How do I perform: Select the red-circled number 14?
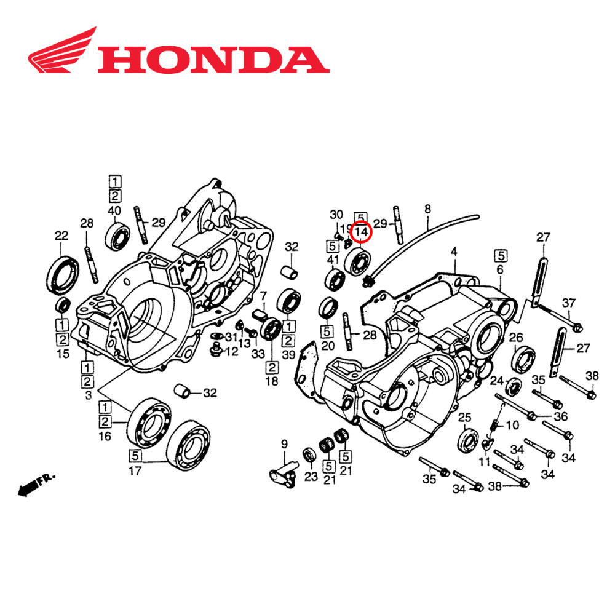pyautogui.click(x=361, y=232)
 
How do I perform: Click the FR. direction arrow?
pyautogui.click(x=37, y=483)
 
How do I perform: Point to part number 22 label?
pyautogui.click(x=61, y=235)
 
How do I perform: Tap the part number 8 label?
pyautogui.click(x=427, y=209)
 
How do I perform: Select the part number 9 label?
pyautogui.click(x=284, y=443)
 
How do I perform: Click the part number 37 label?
pyautogui.click(x=569, y=302)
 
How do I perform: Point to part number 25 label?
pyautogui.click(x=465, y=417)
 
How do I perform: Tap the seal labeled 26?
pyautogui.click(x=523, y=360)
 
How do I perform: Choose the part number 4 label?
pyautogui.click(x=454, y=251)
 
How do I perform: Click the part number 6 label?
pyautogui.click(x=500, y=269)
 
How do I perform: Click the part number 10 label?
pyautogui.click(x=512, y=425)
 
